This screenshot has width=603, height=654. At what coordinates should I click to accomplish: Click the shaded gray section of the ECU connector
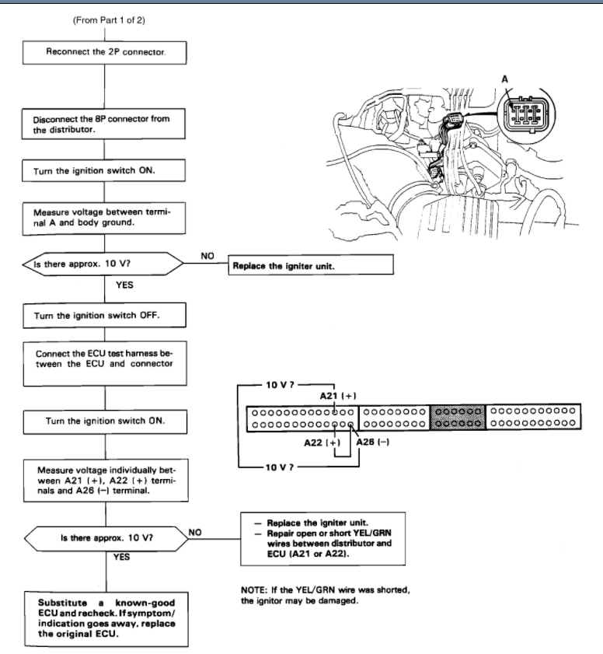[x=456, y=418]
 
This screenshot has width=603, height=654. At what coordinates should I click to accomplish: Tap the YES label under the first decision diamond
[x=124, y=284]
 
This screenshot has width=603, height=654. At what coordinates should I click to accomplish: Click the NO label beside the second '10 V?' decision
[x=197, y=532]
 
